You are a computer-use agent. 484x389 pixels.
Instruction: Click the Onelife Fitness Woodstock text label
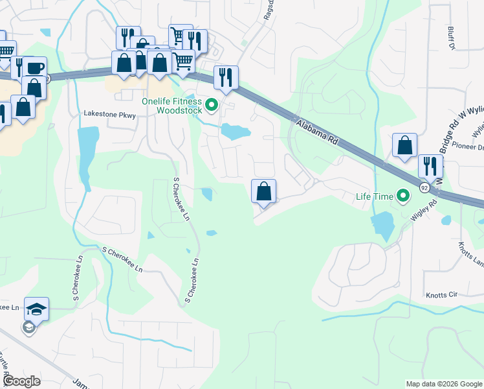[x=172, y=105]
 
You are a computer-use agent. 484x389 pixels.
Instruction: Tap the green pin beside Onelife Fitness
[x=212, y=104]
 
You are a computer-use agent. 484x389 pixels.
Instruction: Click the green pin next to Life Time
[x=404, y=194]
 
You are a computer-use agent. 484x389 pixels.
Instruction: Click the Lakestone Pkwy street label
[x=110, y=113]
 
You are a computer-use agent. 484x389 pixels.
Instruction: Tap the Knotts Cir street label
[x=441, y=294]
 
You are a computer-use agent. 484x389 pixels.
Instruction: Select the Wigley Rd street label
[x=424, y=209]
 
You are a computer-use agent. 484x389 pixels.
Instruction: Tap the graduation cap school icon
[x=37, y=309]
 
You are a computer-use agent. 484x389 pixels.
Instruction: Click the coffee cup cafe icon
[x=35, y=67]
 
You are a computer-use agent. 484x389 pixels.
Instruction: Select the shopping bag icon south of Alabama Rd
[x=263, y=191]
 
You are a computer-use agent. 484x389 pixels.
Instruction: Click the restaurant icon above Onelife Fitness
[x=226, y=77]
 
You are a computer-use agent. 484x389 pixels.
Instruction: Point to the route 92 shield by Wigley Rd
[x=424, y=187]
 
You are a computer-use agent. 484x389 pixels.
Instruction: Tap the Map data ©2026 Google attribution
[x=443, y=384]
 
